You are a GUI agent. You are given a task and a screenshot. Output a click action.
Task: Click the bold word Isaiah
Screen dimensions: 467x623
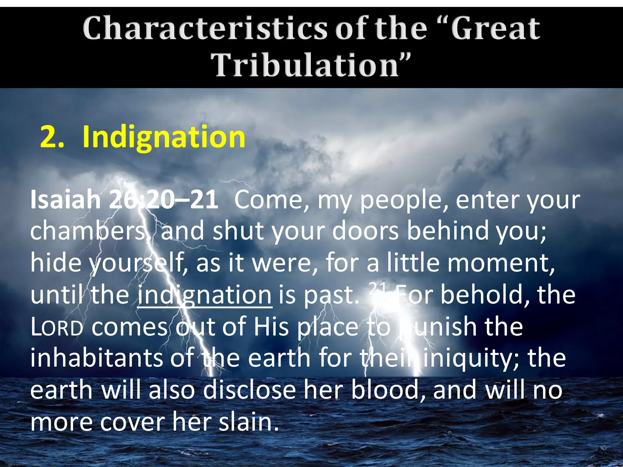[x=65, y=200]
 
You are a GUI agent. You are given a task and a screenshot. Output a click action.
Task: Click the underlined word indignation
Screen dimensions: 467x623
[x=204, y=295]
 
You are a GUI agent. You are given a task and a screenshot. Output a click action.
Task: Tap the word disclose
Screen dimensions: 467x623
[x=249, y=390]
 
